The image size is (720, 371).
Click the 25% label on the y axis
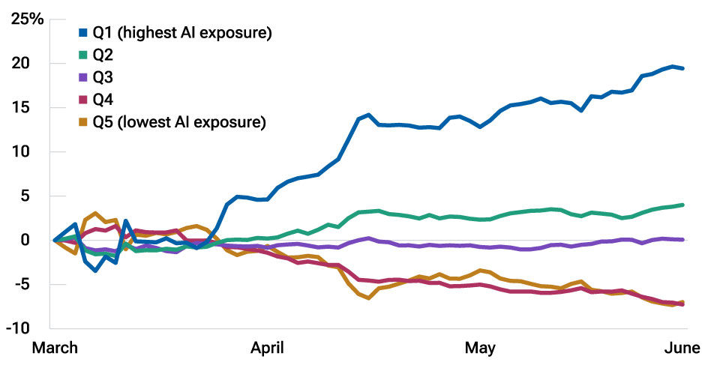(x=27, y=19)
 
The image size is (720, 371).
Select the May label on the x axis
(x=480, y=349)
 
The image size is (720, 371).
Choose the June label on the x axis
(x=682, y=349)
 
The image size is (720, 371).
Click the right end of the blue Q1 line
(x=682, y=68)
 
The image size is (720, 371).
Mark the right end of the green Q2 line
(x=682, y=205)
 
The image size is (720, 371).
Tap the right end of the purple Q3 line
(x=682, y=240)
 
